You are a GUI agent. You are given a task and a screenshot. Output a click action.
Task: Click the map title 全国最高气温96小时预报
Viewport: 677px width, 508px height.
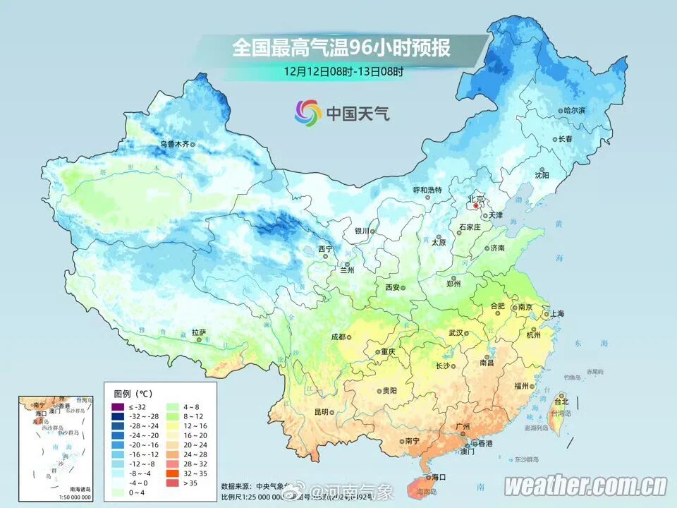341,48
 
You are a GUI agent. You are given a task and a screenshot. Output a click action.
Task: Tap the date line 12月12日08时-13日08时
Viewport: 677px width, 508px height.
344,71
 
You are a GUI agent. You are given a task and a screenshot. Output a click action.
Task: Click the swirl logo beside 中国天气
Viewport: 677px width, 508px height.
307,111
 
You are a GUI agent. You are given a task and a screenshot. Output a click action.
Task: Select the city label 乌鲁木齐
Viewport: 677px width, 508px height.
173,144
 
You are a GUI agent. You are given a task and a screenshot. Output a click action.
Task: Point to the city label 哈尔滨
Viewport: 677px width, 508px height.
575,111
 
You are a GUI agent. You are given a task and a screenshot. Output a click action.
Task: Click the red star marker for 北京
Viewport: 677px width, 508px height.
475,206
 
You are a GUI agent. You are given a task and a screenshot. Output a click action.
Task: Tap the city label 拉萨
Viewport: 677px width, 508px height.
199,331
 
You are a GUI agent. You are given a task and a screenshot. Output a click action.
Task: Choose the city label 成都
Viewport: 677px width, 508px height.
338,337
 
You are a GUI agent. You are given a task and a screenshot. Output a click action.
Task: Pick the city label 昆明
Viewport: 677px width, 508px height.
322,412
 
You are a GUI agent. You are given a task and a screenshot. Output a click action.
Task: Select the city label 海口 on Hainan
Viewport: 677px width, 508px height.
439,478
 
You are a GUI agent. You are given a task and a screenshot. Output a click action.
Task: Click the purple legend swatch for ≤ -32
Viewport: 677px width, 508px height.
117,408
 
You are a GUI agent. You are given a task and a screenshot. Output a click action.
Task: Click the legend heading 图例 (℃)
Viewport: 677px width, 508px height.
133,393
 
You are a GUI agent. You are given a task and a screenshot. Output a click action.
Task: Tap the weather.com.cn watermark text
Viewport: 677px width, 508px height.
585,485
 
